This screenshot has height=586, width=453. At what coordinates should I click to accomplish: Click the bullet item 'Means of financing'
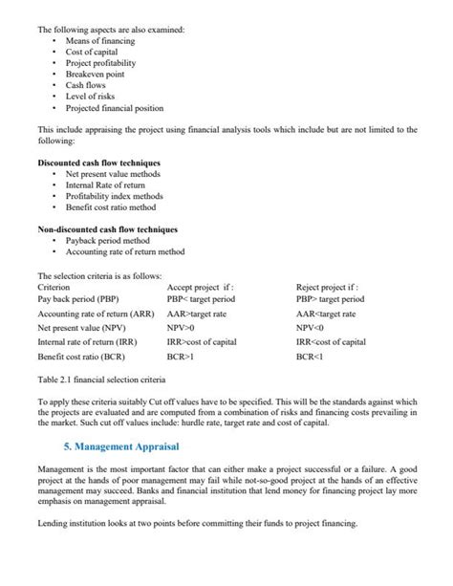99,41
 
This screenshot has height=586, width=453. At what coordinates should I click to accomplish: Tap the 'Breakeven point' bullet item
96,74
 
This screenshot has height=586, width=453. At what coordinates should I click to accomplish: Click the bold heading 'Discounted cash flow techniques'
99,163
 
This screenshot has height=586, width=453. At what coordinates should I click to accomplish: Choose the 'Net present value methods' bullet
113,174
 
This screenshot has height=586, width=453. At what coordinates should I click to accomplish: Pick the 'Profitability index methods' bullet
114,196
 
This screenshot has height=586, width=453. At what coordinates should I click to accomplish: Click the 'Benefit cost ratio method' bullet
110,206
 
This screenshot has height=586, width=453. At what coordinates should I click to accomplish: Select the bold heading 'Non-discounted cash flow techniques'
107,229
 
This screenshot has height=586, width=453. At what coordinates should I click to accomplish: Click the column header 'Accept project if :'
201,286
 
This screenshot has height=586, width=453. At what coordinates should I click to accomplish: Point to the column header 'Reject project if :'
327,286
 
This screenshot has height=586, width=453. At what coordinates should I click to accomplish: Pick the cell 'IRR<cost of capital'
331,341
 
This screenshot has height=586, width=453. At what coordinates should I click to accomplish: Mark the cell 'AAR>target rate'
198,313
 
